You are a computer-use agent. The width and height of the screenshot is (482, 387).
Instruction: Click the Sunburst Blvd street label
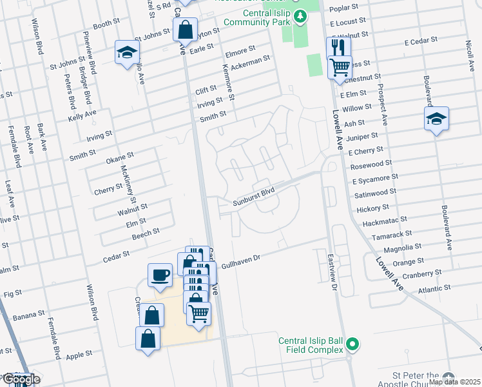tap(254, 191)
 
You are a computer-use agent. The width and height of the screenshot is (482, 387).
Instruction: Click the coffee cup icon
tap(160, 275)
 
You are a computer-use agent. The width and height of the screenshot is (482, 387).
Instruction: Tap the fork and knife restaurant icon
tap(338, 47)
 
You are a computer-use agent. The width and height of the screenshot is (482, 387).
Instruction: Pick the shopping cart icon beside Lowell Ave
tap(339, 66)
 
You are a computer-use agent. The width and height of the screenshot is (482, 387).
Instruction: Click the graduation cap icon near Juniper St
tap(436, 119)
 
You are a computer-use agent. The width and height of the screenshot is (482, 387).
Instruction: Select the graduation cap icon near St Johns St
tap(127, 52)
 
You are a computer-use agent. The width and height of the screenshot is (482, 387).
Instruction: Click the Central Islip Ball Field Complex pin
tap(352, 344)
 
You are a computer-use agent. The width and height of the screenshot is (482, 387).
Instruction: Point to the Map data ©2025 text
tap(454, 382)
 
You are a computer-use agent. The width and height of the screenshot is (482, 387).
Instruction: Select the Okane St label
tap(120, 155)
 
